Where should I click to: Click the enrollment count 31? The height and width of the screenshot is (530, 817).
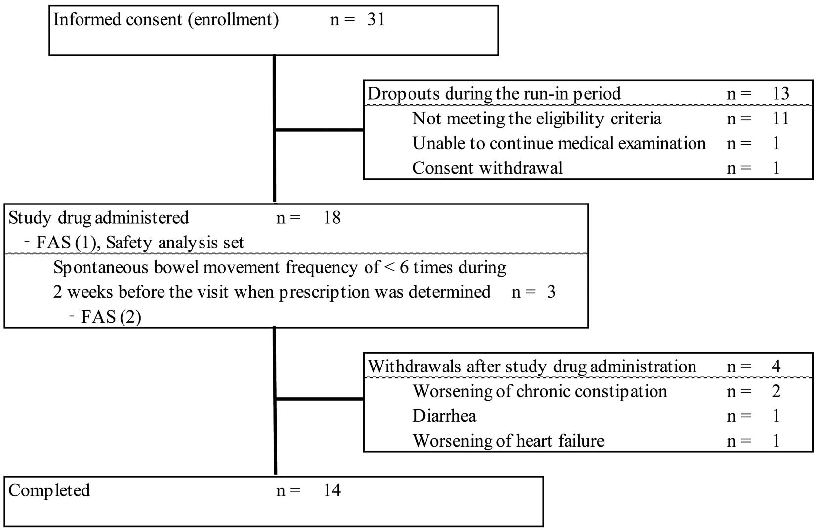point(376,19)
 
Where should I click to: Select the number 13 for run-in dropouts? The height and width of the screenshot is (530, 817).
point(781,94)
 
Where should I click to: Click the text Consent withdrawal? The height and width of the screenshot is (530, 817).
point(487,168)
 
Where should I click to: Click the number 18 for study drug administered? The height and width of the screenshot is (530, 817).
point(332,218)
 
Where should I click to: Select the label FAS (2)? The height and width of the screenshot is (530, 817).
point(111,317)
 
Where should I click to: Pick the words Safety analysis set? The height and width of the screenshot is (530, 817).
point(175,243)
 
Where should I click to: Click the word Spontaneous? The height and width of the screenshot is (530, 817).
point(101,268)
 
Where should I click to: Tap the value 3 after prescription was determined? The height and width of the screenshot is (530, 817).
point(551,292)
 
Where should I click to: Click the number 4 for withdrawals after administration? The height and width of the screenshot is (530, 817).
point(776,366)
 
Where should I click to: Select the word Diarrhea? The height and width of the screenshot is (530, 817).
point(444,416)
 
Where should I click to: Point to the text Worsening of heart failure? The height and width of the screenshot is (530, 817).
point(508,441)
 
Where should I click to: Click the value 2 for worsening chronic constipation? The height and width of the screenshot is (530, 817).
point(776,391)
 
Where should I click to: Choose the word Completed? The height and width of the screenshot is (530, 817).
point(49,490)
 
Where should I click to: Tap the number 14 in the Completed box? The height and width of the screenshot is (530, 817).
point(332,490)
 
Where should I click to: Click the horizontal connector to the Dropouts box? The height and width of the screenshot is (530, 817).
point(319,130)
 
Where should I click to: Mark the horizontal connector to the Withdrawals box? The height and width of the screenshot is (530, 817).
point(319,399)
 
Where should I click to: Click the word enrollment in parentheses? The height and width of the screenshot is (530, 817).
point(234,20)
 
